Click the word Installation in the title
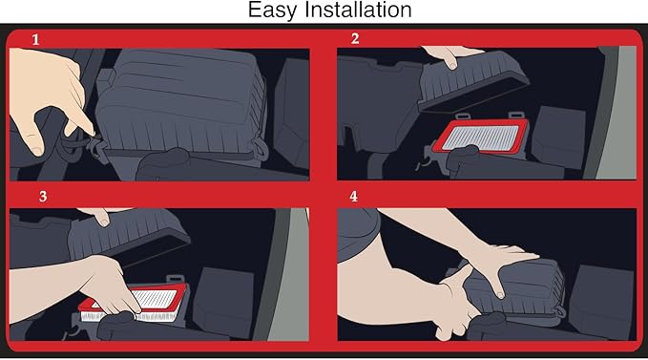(x=358, y=10)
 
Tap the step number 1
(x=36, y=40)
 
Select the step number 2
(x=355, y=38)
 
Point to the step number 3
(x=43, y=197)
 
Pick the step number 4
(x=353, y=197)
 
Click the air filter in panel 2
(x=481, y=137)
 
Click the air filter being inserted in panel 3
(x=135, y=303)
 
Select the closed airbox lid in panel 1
(x=182, y=101)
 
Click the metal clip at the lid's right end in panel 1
(x=260, y=149)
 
